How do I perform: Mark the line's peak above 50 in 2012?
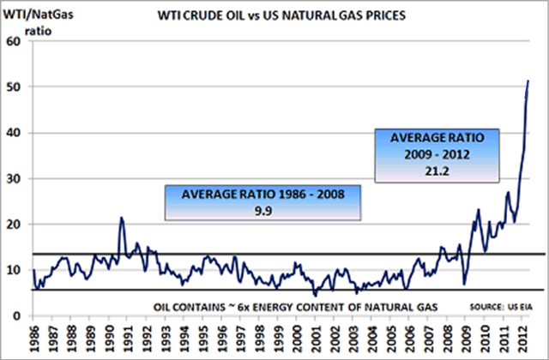tap(528, 81)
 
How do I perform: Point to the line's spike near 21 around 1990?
tap(121, 218)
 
